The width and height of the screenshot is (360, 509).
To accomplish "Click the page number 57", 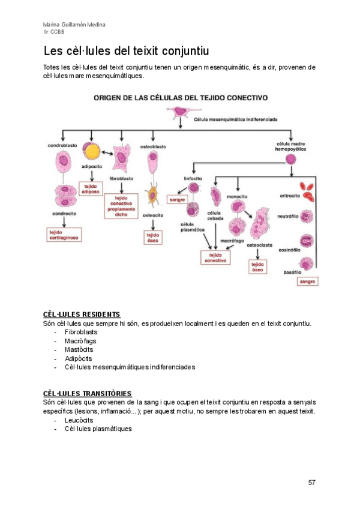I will (x=311, y=482).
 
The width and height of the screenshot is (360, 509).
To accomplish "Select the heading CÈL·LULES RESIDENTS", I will (x=82, y=315).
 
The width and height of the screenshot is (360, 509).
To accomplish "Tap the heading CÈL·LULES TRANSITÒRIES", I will (x=87, y=393).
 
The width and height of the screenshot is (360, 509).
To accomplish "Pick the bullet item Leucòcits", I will (x=79, y=420).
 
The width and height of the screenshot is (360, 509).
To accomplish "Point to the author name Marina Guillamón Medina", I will (x=74, y=25).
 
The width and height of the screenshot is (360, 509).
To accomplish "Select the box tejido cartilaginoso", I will (x=64, y=234).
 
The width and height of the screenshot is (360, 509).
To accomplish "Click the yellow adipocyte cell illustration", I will (x=91, y=151).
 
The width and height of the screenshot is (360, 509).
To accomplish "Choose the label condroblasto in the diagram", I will (x=62, y=146).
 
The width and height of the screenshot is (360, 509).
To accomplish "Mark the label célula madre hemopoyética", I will (x=290, y=146).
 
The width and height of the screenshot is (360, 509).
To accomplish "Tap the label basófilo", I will (x=292, y=272).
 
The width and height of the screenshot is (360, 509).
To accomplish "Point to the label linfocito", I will (x=192, y=178).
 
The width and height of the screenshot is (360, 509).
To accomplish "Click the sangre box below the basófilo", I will (x=307, y=281).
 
